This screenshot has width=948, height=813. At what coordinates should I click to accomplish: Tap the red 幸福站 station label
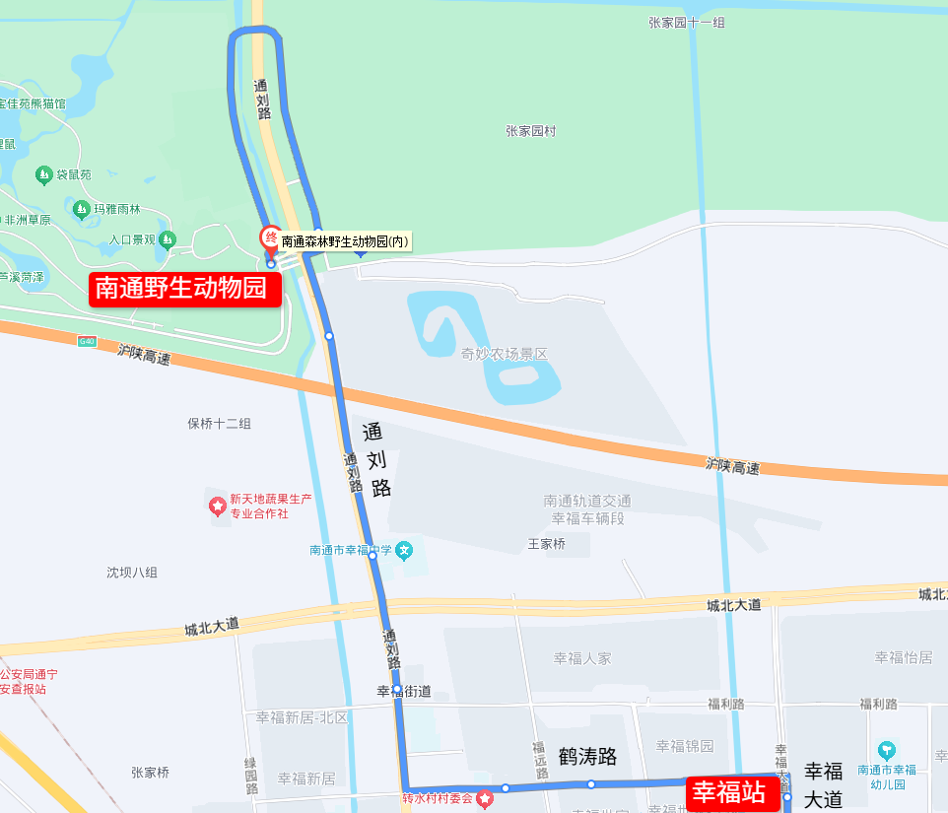pyautogui.click(x=729, y=792)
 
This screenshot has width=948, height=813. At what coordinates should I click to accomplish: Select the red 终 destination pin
pyautogui.click(x=268, y=238)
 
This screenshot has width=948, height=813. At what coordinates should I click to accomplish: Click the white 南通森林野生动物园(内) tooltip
pyautogui.click(x=345, y=241)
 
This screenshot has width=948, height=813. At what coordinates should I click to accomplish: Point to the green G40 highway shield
pyautogui.click(x=89, y=341)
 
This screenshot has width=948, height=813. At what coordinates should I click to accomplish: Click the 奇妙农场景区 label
pyautogui.click(x=504, y=354)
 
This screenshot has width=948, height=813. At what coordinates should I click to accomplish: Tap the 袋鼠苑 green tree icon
pyautogui.click(x=43, y=175)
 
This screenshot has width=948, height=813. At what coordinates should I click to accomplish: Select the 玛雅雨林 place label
pyautogui.click(x=117, y=209)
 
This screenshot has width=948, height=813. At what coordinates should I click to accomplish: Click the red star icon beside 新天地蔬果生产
pyautogui.click(x=217, y=507)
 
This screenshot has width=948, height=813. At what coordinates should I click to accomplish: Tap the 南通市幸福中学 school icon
pyautogui.click(x=403, y=551)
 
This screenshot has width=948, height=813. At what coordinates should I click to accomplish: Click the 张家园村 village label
pyautogui.click(x=531, y=131)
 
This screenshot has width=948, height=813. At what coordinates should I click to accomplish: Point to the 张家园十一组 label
pyautogui.click(x=687, y=22)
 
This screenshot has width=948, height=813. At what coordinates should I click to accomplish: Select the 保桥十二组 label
pyautogui.click(x=219, y=424)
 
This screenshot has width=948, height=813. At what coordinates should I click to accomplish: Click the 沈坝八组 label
pyautogui.click(x=132, y=573)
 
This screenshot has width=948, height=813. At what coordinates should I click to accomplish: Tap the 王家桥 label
pyautogui.click(x=547, y=543)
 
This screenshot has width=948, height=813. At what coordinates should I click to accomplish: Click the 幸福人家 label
pyautogui.click(x=582, y=658)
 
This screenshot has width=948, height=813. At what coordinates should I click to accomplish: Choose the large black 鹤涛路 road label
pyautogui.click(x=587, y=757)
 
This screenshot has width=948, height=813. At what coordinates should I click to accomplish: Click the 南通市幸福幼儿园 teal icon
pyautogui.click(x=886, y=750)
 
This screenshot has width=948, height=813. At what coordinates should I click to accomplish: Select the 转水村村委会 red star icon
pyautogui.click(x=484, y=798)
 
